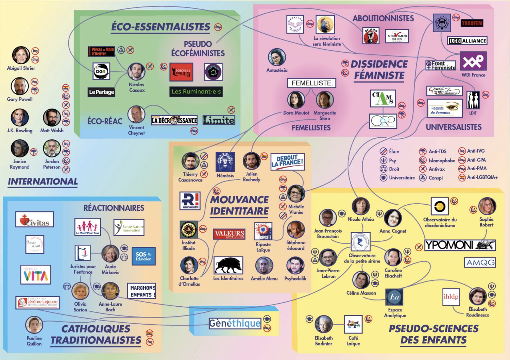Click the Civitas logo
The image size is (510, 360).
tap(35, 220)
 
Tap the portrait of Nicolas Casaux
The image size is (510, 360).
tap(136, 71)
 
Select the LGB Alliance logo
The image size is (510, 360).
tap(467, 41)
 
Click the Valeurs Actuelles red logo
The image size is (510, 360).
tap(230, 234)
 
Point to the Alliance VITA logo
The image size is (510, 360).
tap(36, 275)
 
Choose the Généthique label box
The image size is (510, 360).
tap(235, 323)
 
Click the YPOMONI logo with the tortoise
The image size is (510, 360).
tap(460, 245)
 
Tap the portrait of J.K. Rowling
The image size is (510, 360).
tap(20, 117)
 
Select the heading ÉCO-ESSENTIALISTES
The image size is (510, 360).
tap(160, 27)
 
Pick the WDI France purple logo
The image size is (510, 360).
tap(473, 61)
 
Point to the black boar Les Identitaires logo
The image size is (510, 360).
tap(228, 265)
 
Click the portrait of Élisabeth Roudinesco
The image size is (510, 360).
tap(478, 296)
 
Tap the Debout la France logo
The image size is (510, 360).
tap(287, 162)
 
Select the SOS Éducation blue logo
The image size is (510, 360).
tap(143, 256)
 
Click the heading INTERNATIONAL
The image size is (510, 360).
tap(43, 182)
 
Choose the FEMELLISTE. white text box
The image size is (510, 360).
tap(312, 83)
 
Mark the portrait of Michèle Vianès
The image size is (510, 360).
tap(296, 194)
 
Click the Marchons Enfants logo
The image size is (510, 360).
tap(141, 291)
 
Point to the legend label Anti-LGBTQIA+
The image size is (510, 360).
tap(482, 177)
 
